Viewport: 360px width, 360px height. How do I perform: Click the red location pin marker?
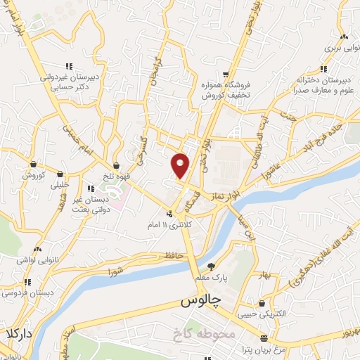pyautogui.click(x=180, y=165)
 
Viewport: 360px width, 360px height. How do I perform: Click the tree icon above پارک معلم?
pyautogui.click(x=211, y=266)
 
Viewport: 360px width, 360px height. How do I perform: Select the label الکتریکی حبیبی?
pyautogui.click(x=263, y=316)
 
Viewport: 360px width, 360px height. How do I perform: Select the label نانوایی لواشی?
pyautogui.click(x=36, y=261)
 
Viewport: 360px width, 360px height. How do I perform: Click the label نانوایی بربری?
pyautogui.click(x=342, y=49)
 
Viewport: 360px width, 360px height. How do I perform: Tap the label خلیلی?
pyautogui.click(x=60, y=185)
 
